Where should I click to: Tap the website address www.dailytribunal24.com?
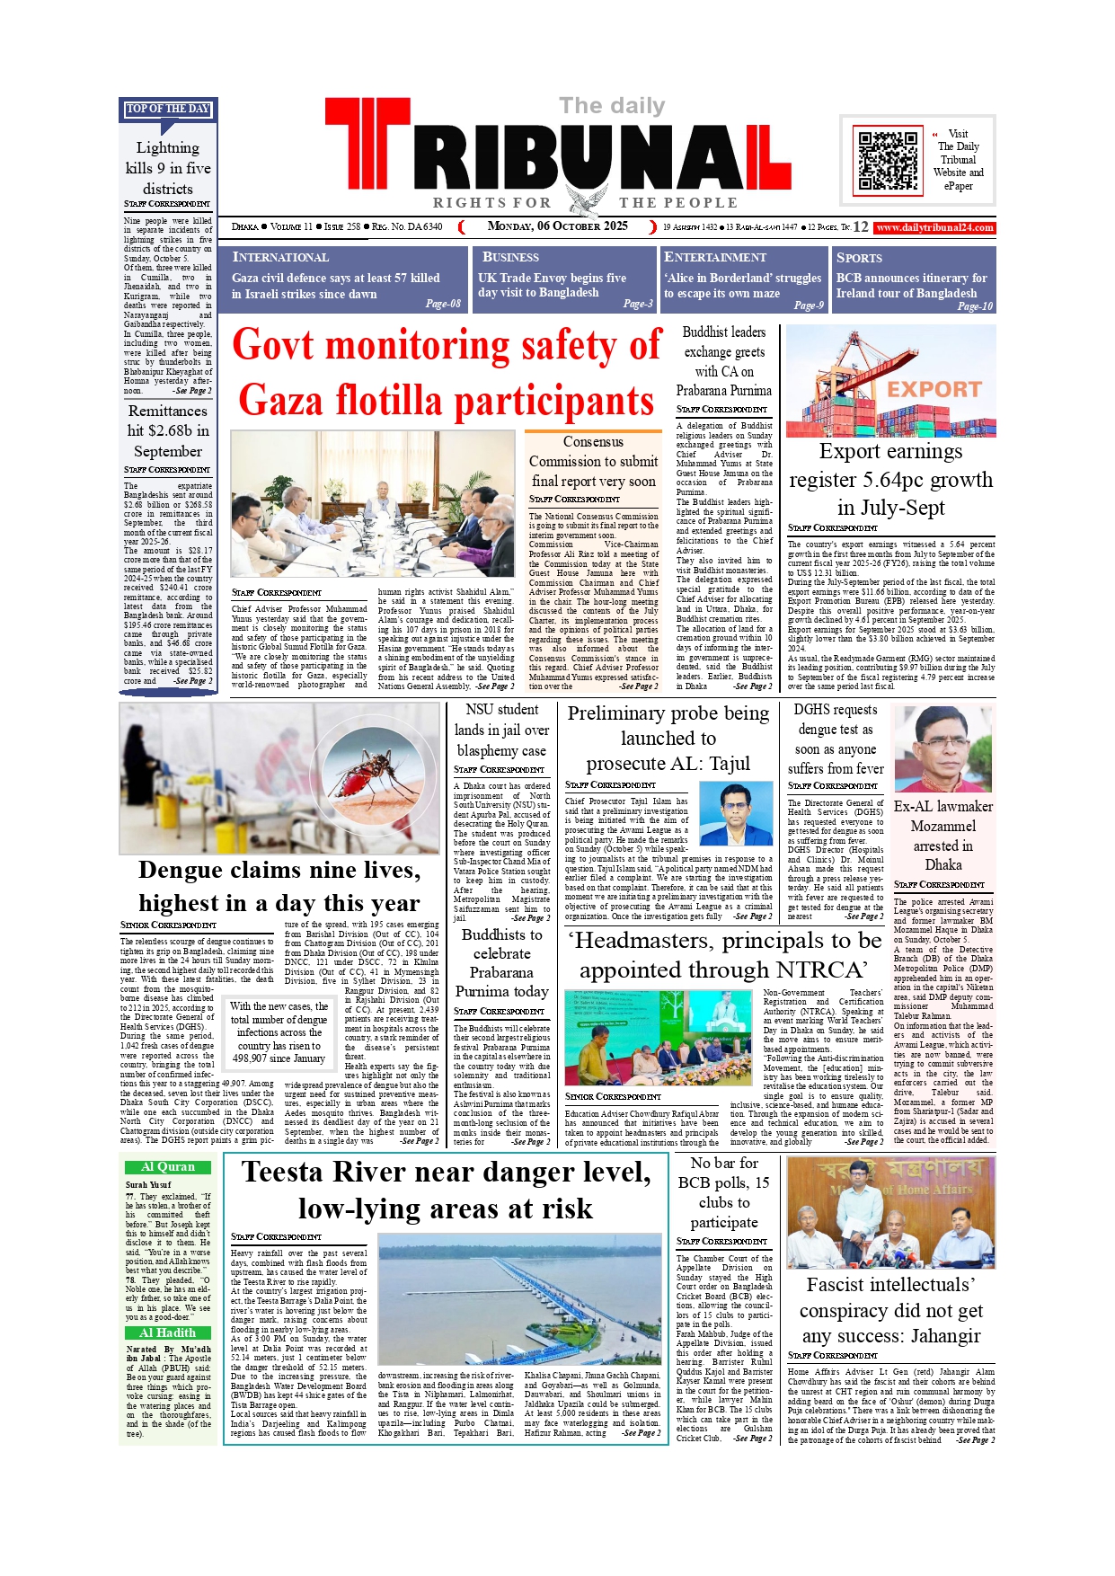pos(934,227)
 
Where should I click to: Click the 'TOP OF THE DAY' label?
pos(168,109)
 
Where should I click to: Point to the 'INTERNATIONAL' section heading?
pos(280,258)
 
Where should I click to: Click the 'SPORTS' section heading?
pos(859,258)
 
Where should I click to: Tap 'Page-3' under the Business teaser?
pos(638,304)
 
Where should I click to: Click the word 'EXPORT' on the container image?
pos(934,390)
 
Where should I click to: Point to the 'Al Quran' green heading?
pos(168,1167)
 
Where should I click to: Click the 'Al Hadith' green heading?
pos(168,1333)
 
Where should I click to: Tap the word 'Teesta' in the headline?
pos(287,1173)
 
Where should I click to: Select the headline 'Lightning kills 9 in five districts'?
pos(168,168)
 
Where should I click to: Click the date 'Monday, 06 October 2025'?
pos(557,226)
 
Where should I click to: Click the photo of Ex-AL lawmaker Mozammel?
pos(942,748)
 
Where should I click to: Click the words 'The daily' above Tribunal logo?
pos(612,106)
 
